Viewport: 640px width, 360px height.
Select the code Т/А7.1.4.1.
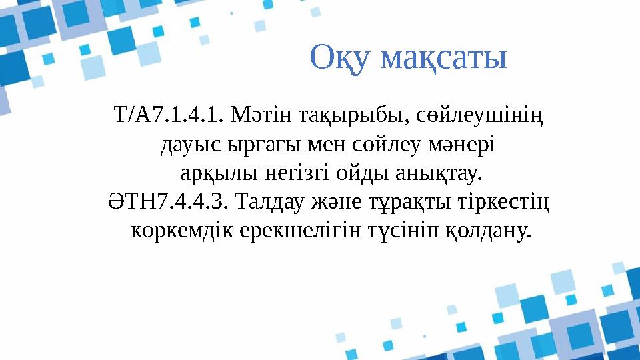click(169, 118)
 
